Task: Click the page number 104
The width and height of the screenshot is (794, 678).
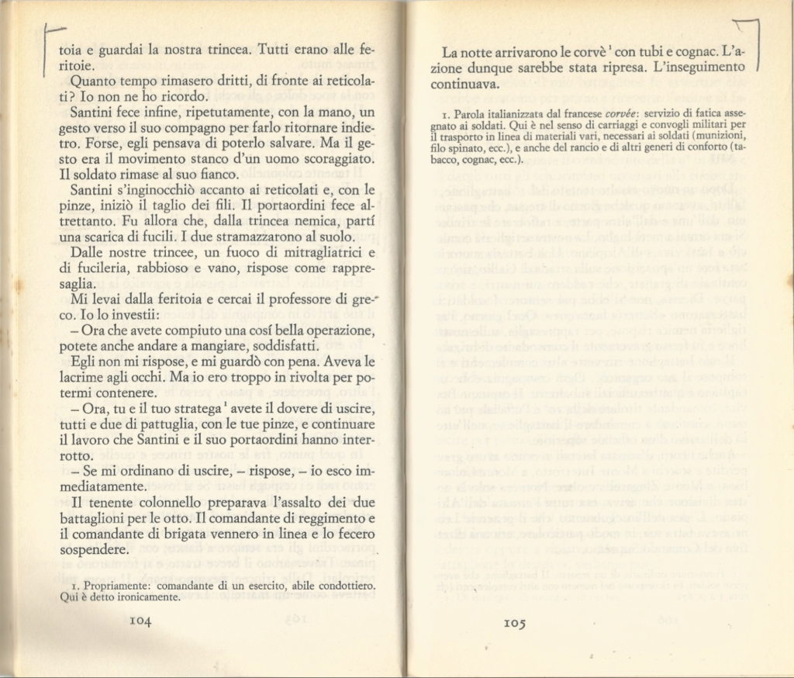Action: coord(140,621)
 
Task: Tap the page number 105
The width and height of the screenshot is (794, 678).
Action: coord(516,623)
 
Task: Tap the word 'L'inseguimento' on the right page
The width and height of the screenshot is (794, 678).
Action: coord(690,68)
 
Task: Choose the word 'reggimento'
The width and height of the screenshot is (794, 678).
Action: coord(334,519)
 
